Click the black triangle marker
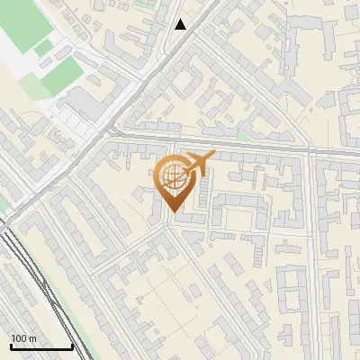pyautogui.click(x=181, y=24)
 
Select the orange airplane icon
pyautogui.click(x=197, y=164)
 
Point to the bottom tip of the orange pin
pyautogui.click(x=171, y=211)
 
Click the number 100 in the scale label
pyautogui.click(x=18, y=338)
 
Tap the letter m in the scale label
pyautogui.click(x=32, y=338)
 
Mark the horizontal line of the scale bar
pyautogui.click(x=40, y=346)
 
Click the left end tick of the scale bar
pyautogui.click(x=10, y=345)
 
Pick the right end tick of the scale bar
pyautogui.click(x=72, y=345)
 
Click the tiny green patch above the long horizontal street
pyautogui.click(x=241, y=136)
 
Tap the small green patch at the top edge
pyautogui.click(x=144, y=4)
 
